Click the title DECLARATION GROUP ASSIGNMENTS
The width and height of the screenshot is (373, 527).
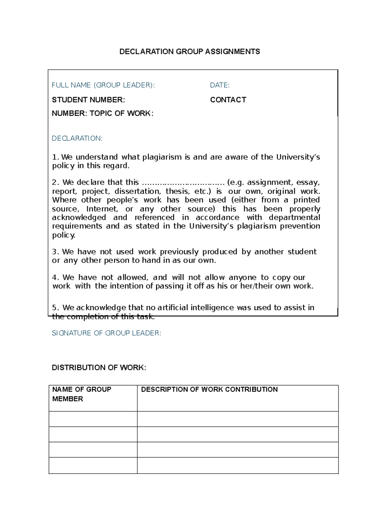pyautogui.click(x=190, y=52)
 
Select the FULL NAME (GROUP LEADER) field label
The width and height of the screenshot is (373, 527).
pyautogui.click(x=103, y=85)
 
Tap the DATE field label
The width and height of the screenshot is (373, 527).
pyautogui.click(x=220, y=85)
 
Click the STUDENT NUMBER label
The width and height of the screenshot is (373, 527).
pyautogui.click(x=88, y=100)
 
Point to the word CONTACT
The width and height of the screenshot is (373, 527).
pyautogui.click(x=228, y=100)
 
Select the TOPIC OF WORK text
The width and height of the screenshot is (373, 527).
pyautogui.click(x=122, y=113)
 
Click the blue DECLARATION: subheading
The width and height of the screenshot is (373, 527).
pyautogui.click(x=77, y=138)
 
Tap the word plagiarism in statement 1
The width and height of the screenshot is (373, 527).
pyautogui.click(x=162, y=157)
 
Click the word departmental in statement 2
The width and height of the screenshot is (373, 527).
pyautogui.click(x=294, y=217)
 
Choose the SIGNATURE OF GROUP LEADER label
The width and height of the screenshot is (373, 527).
pyautogui.click(x=106, y=333)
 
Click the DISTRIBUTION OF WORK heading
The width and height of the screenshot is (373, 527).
pyautogui.click(x=99, y=368)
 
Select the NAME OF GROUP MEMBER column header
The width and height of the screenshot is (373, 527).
pyautogui.click(x=81, y=394)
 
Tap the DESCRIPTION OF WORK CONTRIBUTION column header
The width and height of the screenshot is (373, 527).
pyautogui.click(x=209, y=389)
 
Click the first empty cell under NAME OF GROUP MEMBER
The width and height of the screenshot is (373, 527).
pyautogui.click(x=93, y=419)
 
